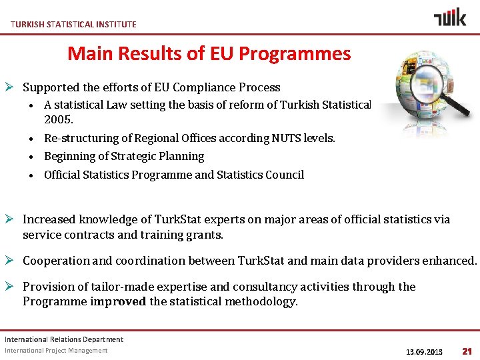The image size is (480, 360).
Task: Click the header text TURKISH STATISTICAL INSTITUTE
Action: tap(73, 24)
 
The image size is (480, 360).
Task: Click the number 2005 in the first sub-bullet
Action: tap(57, 120)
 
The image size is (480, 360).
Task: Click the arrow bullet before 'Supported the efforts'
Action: tap(12, 87)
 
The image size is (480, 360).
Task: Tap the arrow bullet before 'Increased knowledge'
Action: tap(12, 219)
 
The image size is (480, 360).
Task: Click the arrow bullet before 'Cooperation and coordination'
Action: tap(12, 261)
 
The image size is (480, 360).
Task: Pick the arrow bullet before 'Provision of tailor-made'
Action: tap(12, 287)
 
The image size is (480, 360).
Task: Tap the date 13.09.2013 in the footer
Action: tap(424, 351)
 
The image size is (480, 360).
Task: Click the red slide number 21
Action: tap(467, 351)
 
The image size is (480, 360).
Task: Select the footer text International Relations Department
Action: tap(64, 339)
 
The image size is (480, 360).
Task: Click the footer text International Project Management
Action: tap(56, 351)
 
